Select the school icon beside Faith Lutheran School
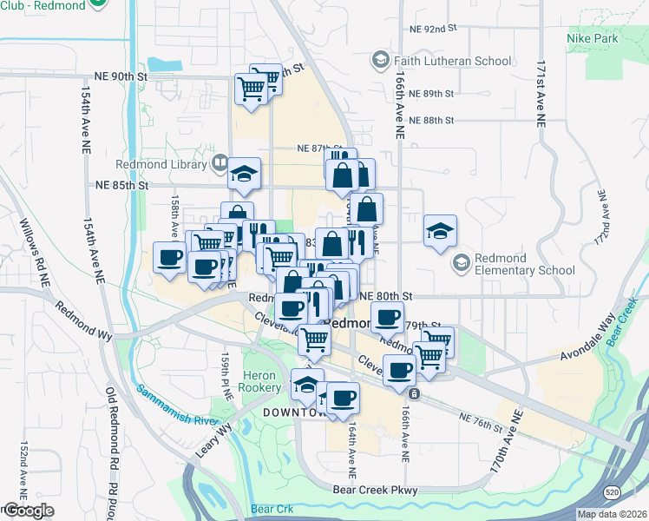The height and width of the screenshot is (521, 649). [379, 60]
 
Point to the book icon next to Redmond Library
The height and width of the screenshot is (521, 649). [220, 163]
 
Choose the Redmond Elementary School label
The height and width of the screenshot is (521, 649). [526, 264]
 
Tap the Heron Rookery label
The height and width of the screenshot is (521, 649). [261, 381]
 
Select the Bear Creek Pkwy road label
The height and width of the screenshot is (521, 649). [375, 491]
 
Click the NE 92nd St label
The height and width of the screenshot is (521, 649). [433, 29]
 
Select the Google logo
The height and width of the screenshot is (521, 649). [28, 511]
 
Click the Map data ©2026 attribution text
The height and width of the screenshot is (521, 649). [612, 514]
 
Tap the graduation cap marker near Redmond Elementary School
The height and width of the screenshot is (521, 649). [441, 230]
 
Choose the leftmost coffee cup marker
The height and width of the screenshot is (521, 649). [169, 257]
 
